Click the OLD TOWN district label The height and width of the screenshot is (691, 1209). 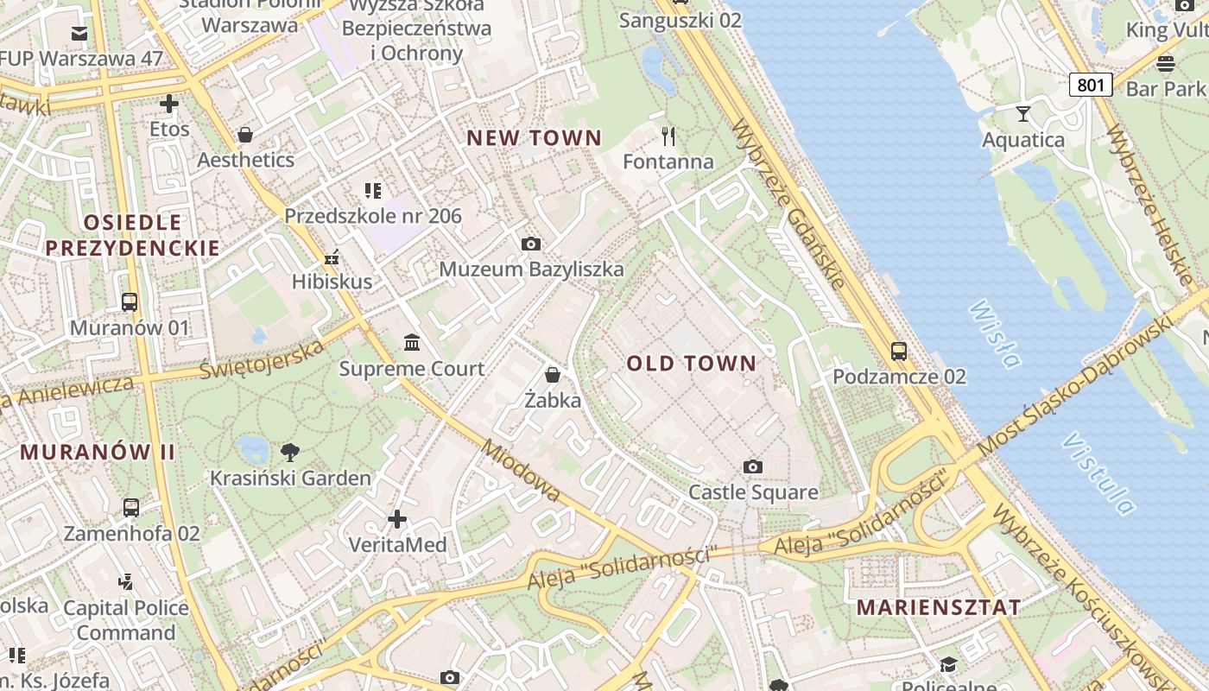[691, 364]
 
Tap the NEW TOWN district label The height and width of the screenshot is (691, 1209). [534, 137]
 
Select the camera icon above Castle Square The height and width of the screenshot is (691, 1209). [753, 467]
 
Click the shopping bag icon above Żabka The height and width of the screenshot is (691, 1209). [553, 375]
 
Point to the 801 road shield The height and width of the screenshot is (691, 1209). [1091, 85]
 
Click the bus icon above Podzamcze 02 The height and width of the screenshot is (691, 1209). [899, 352]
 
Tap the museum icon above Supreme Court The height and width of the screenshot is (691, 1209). [412, 343]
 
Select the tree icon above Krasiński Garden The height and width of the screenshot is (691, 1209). [291, 452]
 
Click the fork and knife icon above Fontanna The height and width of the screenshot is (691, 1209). [668, 136]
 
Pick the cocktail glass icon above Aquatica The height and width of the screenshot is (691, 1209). [1023, 114]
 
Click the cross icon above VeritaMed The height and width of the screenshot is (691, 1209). [397, 519]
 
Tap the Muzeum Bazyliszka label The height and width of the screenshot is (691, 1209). [531, 269]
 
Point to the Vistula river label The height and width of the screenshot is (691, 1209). [1098, 474]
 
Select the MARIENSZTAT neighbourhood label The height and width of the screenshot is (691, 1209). [939, 607]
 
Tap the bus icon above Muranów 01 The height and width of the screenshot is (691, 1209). [130, 302]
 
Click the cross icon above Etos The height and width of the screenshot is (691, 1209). [169, 105]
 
